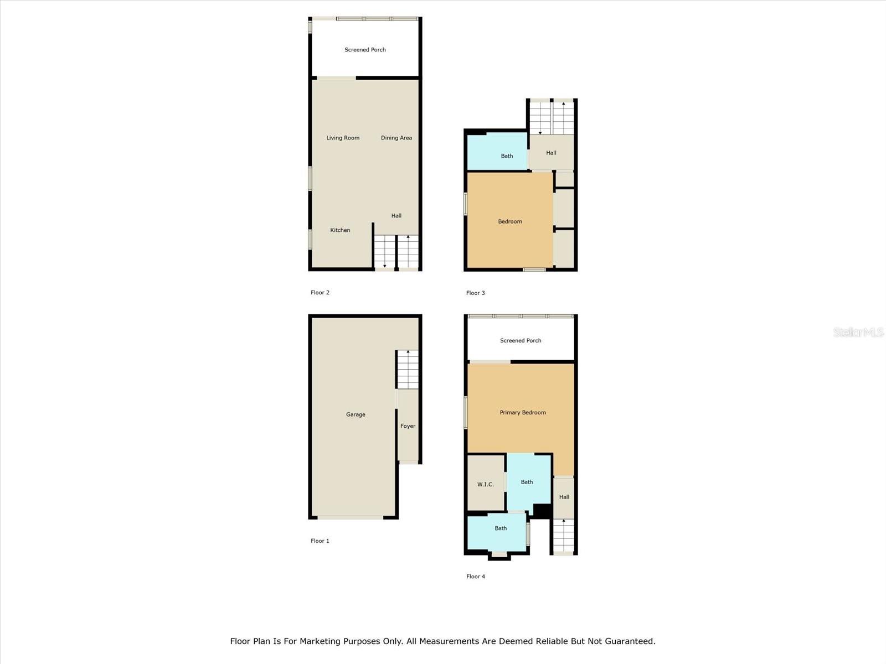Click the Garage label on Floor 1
[x=356, y=414]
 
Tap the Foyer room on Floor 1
[x=408, y=426]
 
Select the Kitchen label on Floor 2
[x=340, y=230]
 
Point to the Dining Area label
[x=396, y=138]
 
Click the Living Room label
[x=343, y=138]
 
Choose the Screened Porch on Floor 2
[x=365, y=50]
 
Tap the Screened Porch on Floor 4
[x=521, y=341]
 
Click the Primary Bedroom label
[x=523, y=413]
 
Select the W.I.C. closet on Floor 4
[x=486, y=484]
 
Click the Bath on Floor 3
[x=507, y=156]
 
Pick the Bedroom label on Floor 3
[x=510, y=221]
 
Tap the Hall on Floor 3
[x=551, y=153]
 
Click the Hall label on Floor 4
[x=564, y=497]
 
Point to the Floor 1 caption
[x=320, y=541]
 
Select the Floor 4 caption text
[x=476, y=577]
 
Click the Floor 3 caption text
[x=476, y=293]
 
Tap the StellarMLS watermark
[x=858, y=332]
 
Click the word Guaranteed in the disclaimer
[x=629, y=641]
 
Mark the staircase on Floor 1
[x=408, y=370]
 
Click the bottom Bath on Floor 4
[x=501, y=528]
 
